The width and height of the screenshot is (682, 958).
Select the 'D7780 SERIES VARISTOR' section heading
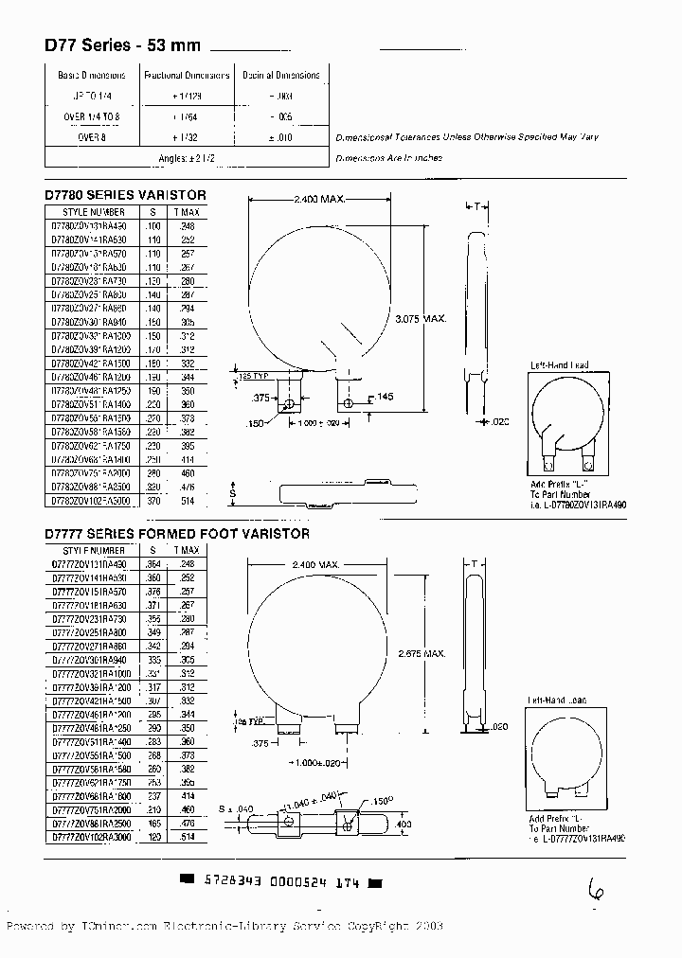[125, 195]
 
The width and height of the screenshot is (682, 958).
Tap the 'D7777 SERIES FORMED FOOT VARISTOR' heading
[177, 534]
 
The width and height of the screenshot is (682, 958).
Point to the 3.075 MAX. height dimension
[420, 318]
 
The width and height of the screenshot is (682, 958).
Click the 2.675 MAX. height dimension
[422, 654]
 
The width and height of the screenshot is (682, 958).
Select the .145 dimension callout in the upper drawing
[384, 396]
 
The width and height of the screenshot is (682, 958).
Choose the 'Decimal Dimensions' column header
[281, 75]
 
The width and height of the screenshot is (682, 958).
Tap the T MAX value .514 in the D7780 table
[188, 500]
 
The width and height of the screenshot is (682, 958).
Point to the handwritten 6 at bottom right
[596, 890]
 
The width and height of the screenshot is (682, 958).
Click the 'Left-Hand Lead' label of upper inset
[559, 364]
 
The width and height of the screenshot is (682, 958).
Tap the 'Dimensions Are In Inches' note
[388, 158]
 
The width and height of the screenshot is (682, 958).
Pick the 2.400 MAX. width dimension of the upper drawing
[318, 200]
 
